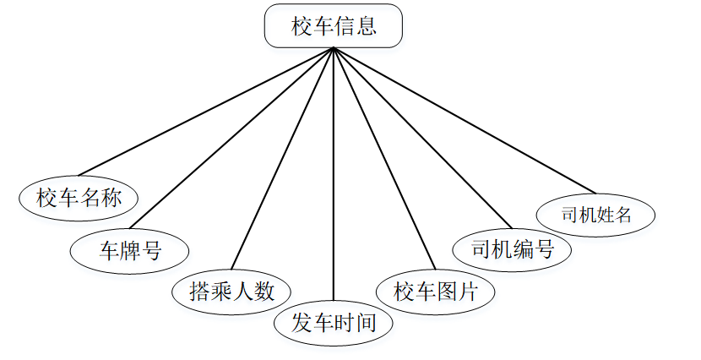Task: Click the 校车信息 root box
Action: [x=334, y=26]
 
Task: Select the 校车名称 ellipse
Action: [x=79, y=199]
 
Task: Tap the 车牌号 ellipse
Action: [x=130, y=250]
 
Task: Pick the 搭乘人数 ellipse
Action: [x=231, y=292]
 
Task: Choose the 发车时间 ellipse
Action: [x=334, y=323]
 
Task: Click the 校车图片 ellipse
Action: [x=436, y=292]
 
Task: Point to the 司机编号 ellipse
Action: [x=512, y=250]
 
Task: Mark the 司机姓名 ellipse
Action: [x=596, y=214]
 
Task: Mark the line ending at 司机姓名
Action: [x=465, y=120]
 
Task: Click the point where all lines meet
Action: [x=334, y=48]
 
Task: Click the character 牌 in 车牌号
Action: [x=130, y=250]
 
